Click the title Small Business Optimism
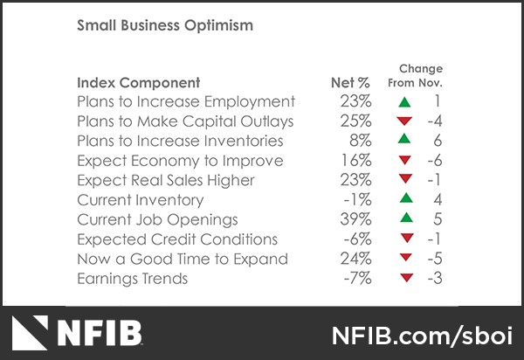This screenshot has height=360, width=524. click(165, 25)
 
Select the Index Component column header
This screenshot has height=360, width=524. click(138, 83)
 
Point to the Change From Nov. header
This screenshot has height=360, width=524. click(420, 76)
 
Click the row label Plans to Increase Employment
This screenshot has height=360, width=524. click(186, 101)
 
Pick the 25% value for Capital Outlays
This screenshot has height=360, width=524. click(355, 121)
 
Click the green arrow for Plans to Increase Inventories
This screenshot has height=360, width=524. click(403, 141)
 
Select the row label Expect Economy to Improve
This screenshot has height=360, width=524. click(180, 161)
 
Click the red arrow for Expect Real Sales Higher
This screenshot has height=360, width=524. click(403, 181)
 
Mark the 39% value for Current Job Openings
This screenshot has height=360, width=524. click(355, 219)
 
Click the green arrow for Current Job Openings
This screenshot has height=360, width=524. click(403, 219)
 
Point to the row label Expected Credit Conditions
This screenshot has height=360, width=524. click(177, 239)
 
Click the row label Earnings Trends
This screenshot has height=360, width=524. click(132, 278)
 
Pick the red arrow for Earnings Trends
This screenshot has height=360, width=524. click(403, 279)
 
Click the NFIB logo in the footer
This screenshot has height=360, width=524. click(79, 333)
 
